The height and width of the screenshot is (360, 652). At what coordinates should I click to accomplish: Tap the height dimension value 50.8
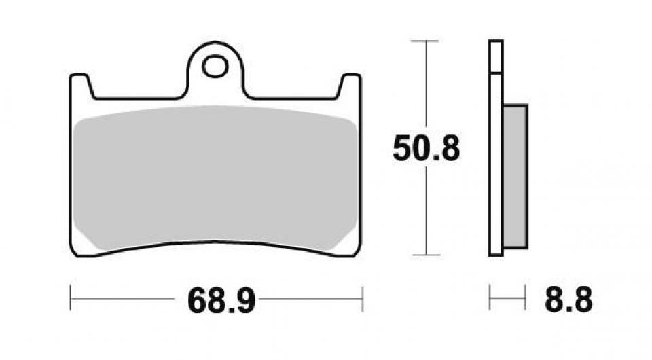426,149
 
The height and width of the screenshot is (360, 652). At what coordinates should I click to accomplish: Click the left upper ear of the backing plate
80,85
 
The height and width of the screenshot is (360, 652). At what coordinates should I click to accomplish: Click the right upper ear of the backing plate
350,85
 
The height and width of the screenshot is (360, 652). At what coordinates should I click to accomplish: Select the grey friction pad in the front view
215,177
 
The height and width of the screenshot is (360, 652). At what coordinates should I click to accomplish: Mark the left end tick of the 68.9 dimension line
71,298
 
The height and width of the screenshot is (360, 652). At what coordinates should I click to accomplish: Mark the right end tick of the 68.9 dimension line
363,298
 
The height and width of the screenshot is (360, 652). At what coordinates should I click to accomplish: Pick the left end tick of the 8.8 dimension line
490,298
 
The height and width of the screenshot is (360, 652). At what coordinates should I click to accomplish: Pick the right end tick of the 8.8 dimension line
525,298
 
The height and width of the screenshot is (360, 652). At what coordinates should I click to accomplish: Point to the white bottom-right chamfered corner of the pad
348,241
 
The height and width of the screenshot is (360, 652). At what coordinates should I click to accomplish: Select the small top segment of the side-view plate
496,56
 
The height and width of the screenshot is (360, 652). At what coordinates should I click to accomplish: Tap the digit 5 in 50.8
403,149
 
